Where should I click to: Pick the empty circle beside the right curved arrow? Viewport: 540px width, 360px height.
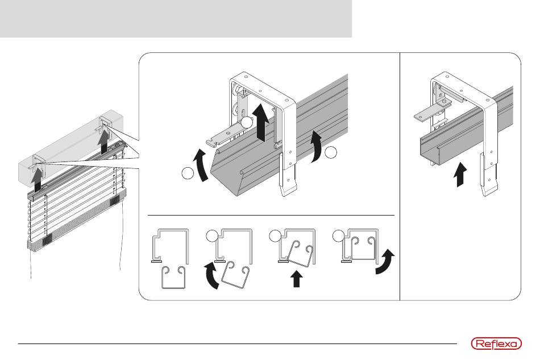pyautogui.click(x=332, y=152)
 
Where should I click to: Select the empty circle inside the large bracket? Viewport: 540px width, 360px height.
pyautogui.click(x=247, y=122)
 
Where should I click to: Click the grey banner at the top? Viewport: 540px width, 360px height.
pyautogui.click(x=176, y=18)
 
